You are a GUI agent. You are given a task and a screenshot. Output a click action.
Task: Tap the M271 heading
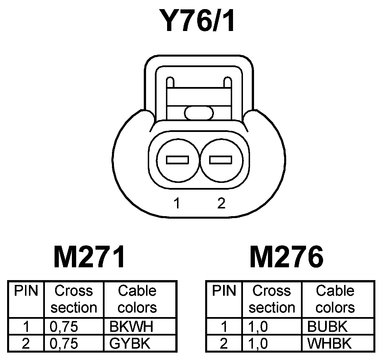pyautogui.click(x=89, y=257)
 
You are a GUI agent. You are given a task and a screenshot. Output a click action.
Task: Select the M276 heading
pyautogui.click(x=286, y=257)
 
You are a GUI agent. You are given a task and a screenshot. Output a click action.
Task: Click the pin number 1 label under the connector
pyautogui.click(x=177, y=203)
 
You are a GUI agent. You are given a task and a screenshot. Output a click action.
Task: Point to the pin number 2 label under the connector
pyautogui.click(x=221, y=203)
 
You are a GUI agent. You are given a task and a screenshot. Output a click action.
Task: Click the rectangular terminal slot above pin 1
pyautogui.click(x=178, y=160)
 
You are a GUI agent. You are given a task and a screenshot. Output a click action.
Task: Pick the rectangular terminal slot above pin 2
pyautogui.click(x=221, y=160)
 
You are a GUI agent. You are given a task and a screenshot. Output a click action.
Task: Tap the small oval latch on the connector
pyautogui.click(x=199, y=113)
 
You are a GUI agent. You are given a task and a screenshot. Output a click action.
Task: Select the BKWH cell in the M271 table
pyautogui.click(x=131, y=327)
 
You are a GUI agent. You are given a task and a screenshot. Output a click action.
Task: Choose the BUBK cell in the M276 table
pyautogui.click(x=327, y=327)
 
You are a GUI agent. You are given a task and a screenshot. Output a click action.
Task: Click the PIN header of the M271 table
pyautogui.click(x=26, y=291)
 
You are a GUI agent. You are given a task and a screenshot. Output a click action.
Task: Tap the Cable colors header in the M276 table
pyautogui.click(x=335, y=299)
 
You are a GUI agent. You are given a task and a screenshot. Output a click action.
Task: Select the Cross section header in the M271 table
pyautogui.click(x=74, y=299)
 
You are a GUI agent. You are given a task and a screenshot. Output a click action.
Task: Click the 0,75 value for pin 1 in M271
pyautogui.click(x=64, y=327)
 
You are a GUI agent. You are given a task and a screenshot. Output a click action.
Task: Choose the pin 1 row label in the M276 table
pyautogui.click(x=224, y=327)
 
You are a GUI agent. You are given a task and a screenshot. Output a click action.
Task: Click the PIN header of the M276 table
pyautogui.click(x=224, y=291)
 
